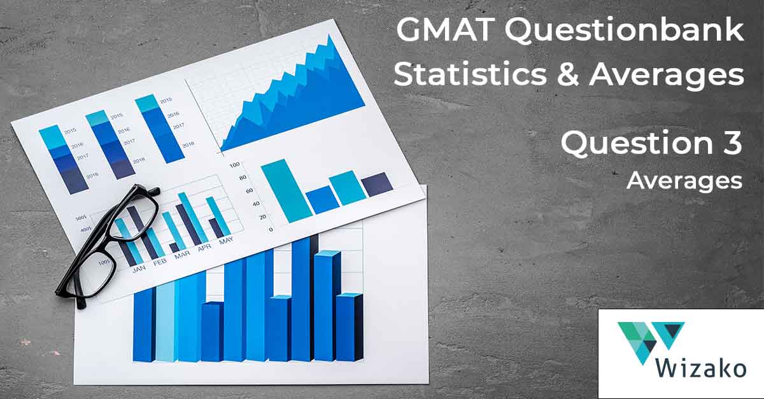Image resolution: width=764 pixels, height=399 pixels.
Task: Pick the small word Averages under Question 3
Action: tap(684, 181)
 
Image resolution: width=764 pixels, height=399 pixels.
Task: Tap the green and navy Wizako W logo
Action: tap(650, 340)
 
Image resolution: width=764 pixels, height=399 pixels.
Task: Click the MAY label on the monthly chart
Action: tap(225, 241)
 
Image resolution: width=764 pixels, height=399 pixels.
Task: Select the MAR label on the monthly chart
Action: tap(182, 255)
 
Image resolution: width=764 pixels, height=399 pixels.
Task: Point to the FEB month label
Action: tap(159, 262)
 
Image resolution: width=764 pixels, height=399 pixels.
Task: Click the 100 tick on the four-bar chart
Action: tap(234, 165)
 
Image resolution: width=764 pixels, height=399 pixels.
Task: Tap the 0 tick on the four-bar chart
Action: tap(253, 229)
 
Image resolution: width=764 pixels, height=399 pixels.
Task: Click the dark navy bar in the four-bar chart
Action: tap(376, 183)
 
